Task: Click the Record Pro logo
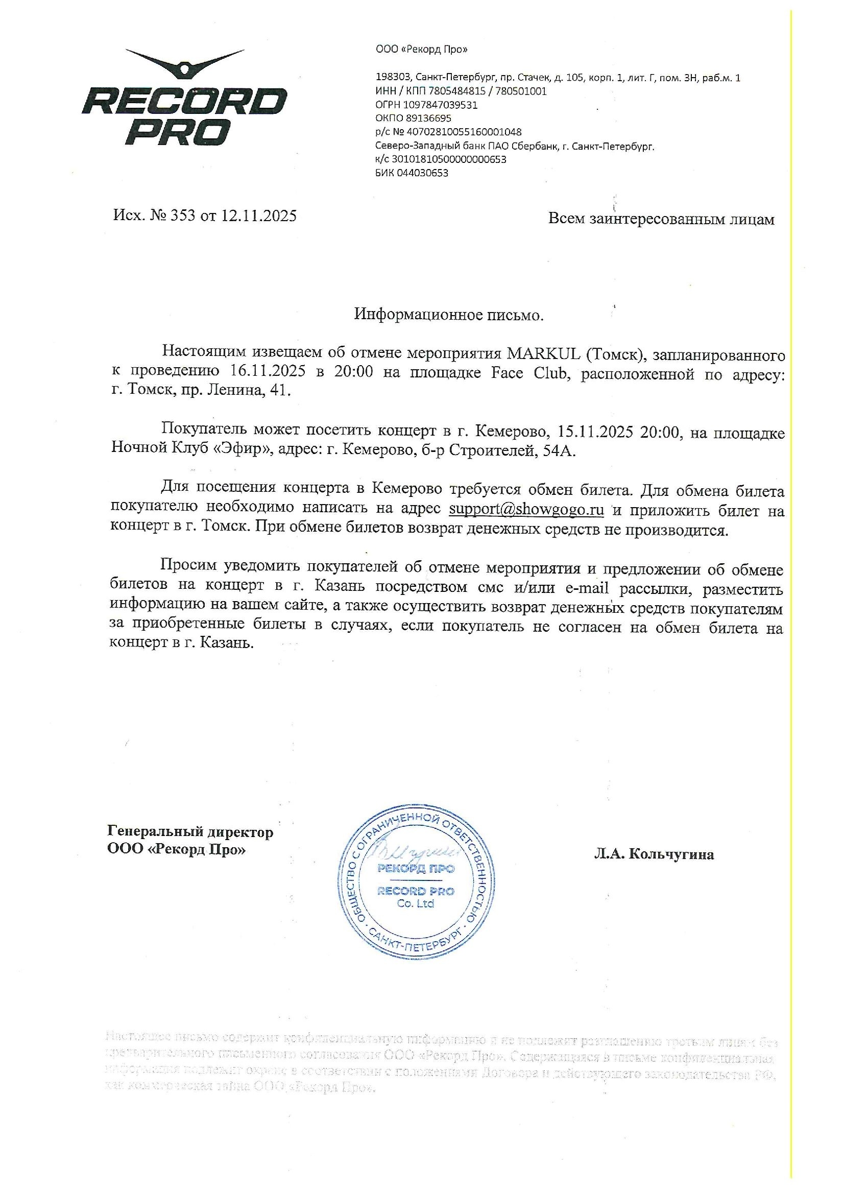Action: (185, 99)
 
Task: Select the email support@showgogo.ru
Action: (526, 509)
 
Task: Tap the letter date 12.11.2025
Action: (259, 216)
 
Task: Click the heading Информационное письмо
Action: (449, 315)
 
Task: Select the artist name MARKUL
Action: (543, 354)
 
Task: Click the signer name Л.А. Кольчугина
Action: (654, 854)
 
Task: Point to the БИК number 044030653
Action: (422, 173)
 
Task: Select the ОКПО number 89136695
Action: (428, 118)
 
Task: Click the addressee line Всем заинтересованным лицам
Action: (661, 219)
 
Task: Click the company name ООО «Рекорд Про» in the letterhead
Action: (421, 50)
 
